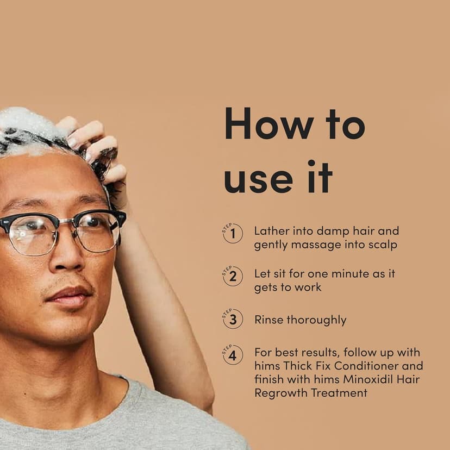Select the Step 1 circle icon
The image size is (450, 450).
tap(233, 233)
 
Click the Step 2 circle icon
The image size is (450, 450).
tap(233, 276)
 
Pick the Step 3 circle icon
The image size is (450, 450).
tap(233, 319)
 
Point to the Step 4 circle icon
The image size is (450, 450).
tap(233, 355)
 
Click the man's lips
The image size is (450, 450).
tap(69, 296)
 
